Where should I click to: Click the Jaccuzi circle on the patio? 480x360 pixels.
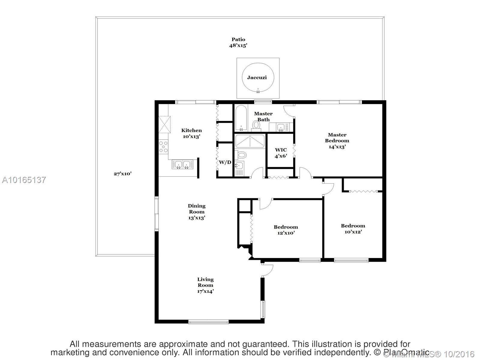pos(258,78)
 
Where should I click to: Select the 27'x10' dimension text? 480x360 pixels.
pos(122,173)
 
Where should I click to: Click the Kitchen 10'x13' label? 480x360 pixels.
pos(191,133)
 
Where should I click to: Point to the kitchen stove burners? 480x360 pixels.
pos(163,147)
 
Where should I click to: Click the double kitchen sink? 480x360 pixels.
pos(182,164)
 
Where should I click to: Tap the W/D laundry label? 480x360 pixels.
pos(225,162)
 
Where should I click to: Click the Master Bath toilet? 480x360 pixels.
pos(256,125)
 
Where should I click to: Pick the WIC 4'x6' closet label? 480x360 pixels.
pos(281,153)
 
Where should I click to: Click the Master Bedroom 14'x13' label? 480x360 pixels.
pos(337,141)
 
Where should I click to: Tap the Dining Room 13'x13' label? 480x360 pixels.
pos(196,212)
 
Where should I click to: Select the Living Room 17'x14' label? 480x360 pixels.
pos(205,285)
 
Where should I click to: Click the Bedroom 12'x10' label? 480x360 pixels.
pos(286,230)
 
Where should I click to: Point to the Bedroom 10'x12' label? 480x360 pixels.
pos(353,229)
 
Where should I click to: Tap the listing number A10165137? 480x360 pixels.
pos(24,180)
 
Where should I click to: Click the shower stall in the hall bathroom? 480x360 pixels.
pos(250,141)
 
